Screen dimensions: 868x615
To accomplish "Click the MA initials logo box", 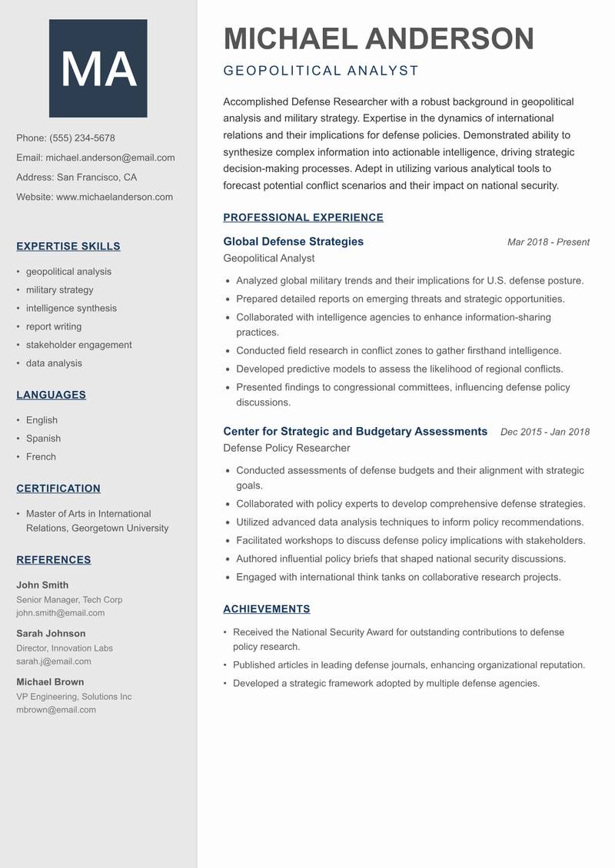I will tap(98, 68).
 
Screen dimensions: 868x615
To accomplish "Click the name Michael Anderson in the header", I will tap(378, 38).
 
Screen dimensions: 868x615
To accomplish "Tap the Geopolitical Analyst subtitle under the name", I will tap(321, 71).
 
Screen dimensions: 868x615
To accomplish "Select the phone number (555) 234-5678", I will tap(82, 138).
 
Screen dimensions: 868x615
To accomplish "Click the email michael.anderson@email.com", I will tap(110, 157).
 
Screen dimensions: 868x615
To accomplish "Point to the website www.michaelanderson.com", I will tap(115, 197).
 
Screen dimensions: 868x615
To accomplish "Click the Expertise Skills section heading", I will tap(68, 247).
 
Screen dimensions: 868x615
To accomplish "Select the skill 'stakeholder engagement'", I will tap(78, 345).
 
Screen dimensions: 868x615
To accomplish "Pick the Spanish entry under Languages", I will tap(43, 439).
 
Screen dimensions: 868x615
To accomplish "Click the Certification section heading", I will tap(58, 489).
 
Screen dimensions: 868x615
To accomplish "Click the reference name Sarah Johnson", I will tap(51, 634).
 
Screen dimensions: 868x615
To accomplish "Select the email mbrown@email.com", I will tap(56, 710).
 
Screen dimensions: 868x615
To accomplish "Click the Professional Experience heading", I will tap(303, 217).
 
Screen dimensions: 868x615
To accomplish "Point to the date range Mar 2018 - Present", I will tap(548, 242).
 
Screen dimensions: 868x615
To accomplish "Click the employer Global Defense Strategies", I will tap(293, 241).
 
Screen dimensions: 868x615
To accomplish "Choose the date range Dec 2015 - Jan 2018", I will tap(544, 432).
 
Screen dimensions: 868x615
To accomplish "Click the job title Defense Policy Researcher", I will tap(286, 448).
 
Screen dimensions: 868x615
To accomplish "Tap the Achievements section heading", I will tap(266, 609).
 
